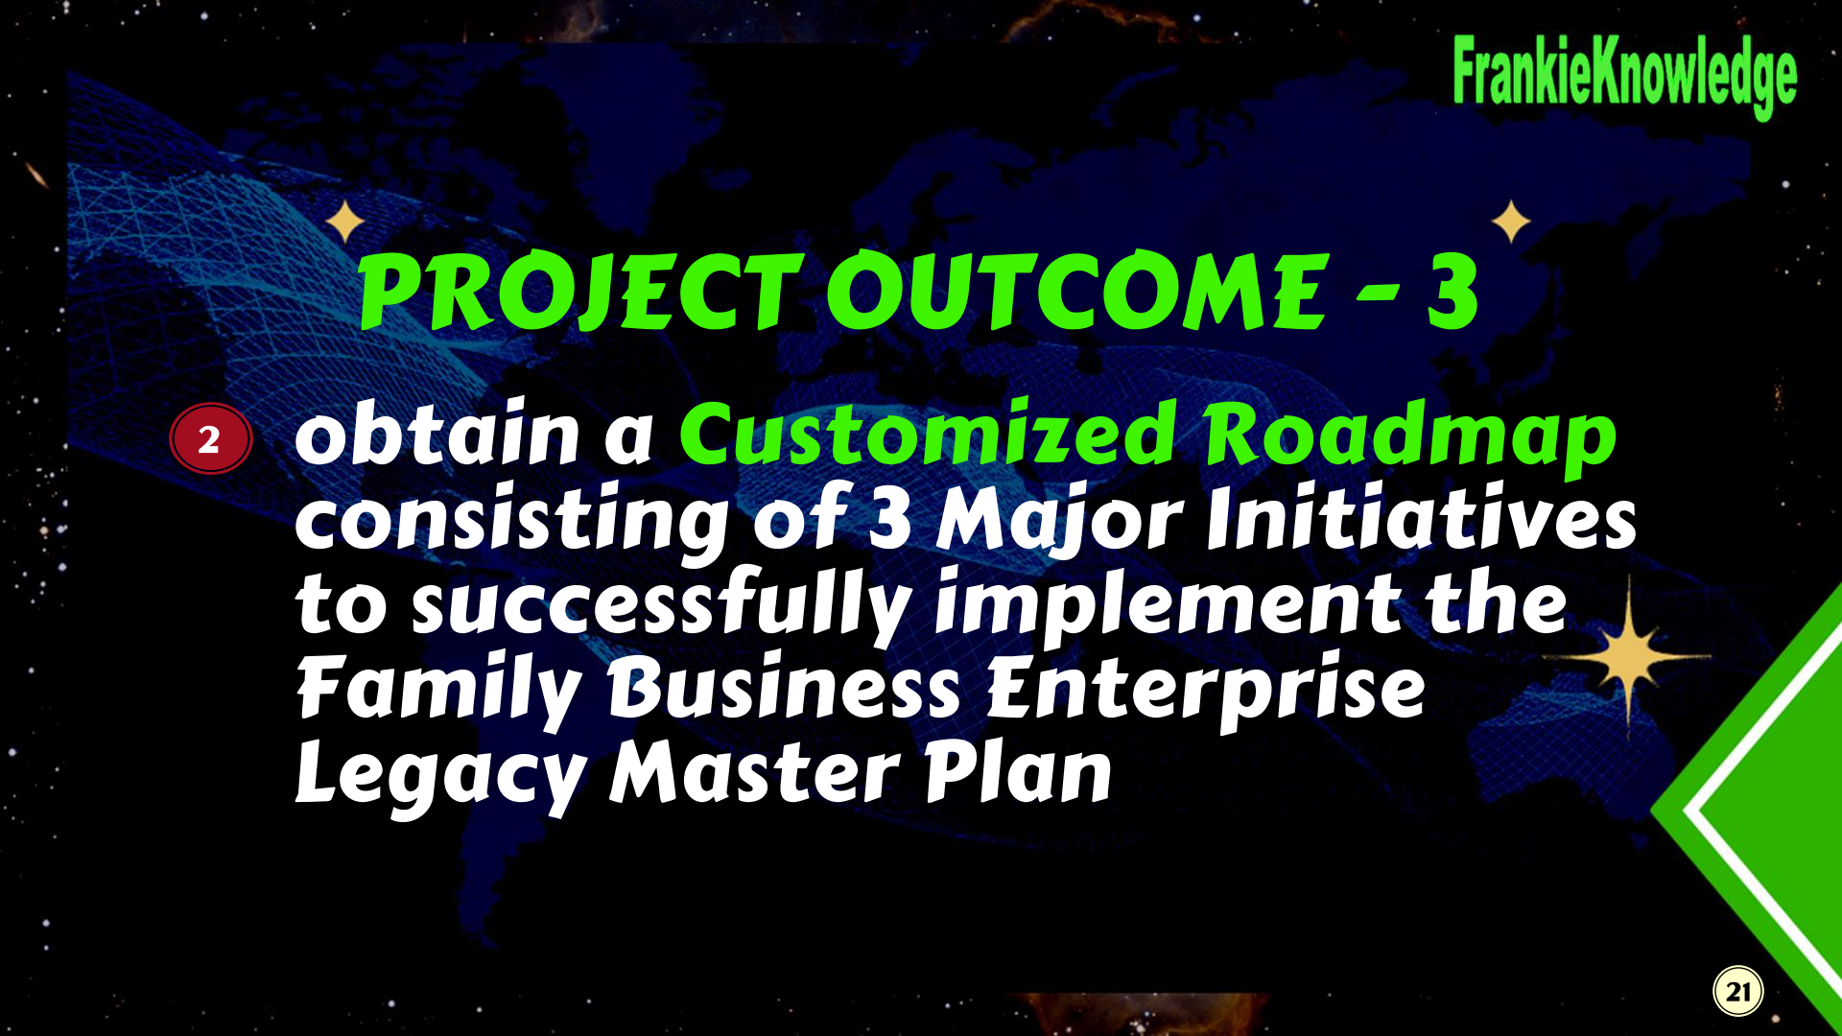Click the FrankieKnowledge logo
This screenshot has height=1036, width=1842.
(1624, 76)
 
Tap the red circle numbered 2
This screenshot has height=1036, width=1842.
(210, 439)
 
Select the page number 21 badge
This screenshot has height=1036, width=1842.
(1738, 991)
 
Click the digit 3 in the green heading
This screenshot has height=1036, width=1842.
(1452, 292)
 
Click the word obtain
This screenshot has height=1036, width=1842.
(437, 433)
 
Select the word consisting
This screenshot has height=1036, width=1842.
(511, 522)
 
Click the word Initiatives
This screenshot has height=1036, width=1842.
(1421, 519)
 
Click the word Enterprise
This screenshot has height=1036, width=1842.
(1206, 689)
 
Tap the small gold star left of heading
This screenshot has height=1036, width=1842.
(344, 222)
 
